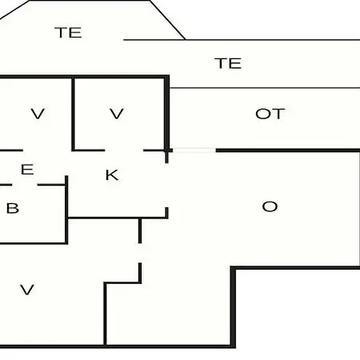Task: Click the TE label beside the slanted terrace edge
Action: [68, 33]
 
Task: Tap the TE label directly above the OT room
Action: [228, 63]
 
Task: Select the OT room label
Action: [270, 114]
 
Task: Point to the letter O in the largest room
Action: [270, 206]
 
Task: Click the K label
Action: [112, 175]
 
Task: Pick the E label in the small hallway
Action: [27, 170]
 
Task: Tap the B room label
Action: [13, 208]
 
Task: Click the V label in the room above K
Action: [117, 114]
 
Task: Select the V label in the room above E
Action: [38, 114]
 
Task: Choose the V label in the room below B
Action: [27, 290]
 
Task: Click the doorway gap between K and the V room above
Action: [124, 150]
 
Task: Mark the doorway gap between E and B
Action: [25, 185]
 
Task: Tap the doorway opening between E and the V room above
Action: [47, 150]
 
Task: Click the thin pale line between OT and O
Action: [194, 150]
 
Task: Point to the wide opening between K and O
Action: [166, 186]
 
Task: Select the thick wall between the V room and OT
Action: [166, 113]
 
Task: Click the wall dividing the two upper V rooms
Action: [73, 114]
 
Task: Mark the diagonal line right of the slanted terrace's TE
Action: [167, 20]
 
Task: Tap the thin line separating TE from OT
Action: [265, 87]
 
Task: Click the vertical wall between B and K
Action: [66, 210]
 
